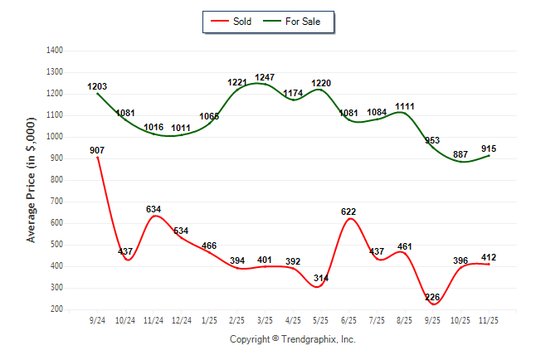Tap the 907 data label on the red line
97,150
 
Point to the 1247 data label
266,77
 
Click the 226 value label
432,297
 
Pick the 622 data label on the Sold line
348,212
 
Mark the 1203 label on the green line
97,86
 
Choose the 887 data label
460,154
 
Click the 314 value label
320,278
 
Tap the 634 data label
153,209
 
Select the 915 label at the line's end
488,148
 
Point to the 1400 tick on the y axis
56,51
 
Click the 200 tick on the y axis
58,309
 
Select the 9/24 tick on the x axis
97,319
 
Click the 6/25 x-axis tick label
348,319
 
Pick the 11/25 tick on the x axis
488,319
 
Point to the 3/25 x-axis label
265,319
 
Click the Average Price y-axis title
32,180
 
